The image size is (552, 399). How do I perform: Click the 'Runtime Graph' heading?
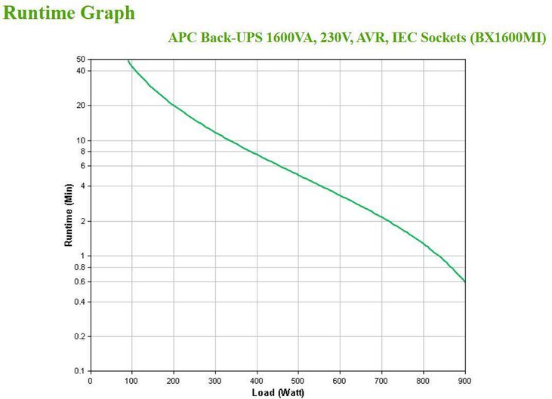(70, 13)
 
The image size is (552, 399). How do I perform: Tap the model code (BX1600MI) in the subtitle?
(507, 38)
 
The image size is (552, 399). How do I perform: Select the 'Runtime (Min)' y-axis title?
(68, 215)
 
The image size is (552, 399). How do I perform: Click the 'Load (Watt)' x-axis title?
(277, 392)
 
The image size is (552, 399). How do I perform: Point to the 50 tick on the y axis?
(81, 59)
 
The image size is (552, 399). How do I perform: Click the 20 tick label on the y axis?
(81, 106)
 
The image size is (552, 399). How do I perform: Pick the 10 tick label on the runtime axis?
(81, 140)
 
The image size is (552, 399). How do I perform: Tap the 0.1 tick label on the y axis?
(79, 371)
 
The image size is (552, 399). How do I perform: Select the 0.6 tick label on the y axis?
(79, 281)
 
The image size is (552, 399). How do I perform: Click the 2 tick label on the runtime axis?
(83, 221)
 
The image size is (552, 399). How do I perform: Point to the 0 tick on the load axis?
(91, 380)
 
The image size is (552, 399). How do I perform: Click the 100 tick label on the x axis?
(132, 380)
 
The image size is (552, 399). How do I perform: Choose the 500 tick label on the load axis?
(298, 380)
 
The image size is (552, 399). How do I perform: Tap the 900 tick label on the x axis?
(464, 380)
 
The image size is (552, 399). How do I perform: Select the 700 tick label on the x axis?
(381, 380)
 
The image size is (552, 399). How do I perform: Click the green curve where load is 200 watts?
(174, 106)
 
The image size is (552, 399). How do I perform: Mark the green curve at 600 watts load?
(340, 196)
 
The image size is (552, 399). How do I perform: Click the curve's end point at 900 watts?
(464, 281)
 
